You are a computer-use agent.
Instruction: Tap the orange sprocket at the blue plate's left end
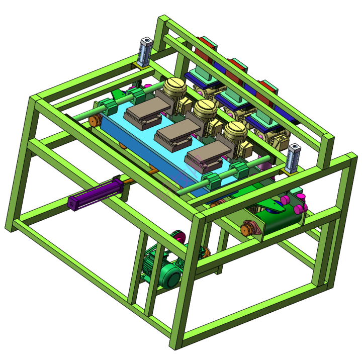94,120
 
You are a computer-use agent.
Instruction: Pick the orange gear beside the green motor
205,251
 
